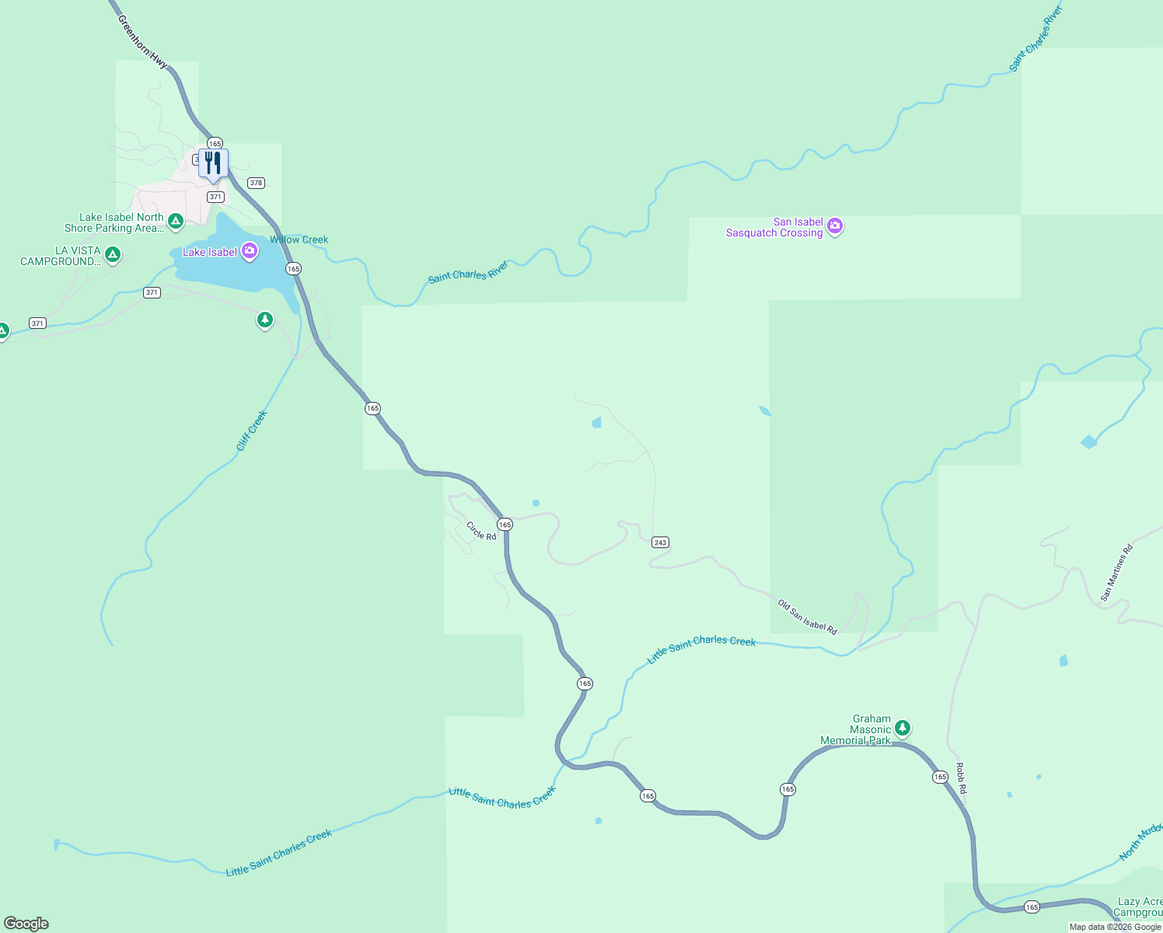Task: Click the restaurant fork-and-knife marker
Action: (x=213, y=163)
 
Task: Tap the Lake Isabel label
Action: (x=210, y=252)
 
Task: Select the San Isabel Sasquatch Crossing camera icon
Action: (x=835, y=226)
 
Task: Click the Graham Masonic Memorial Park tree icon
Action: (x=902, y=729)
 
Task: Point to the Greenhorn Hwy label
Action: (x=142, y=41)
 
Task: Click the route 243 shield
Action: (x=660, y=542)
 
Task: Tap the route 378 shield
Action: (x=256, y=183)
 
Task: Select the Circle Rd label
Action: (x=481, y=531)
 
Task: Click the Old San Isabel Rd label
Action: (x=808, y=617)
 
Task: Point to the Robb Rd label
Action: (x=961, y=778)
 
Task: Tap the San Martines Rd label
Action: (x=1117, y=573)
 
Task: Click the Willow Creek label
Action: (x=299, y=239)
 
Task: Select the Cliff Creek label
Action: (x=252, y=431)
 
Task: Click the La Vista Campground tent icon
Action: (x=113, y=253)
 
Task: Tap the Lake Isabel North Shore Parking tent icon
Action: (x=176, y=221)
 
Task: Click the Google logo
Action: (x=26, y=923)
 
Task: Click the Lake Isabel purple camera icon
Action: (x=250, y=250)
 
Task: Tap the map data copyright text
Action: (x=1115, y=927)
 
